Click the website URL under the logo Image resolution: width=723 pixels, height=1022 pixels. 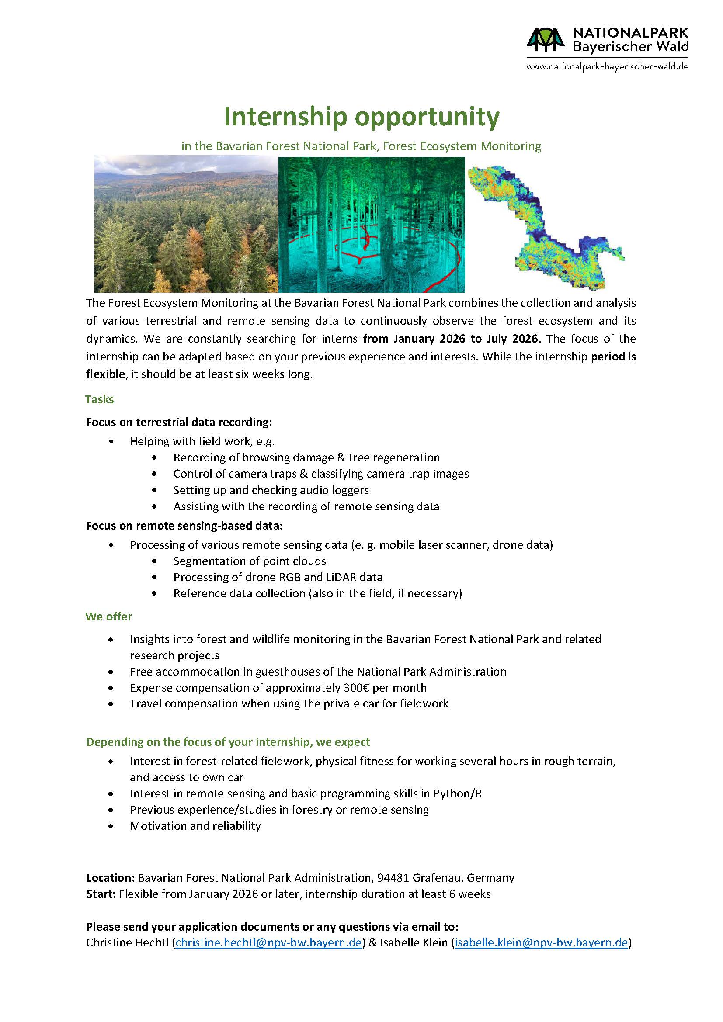point(607,67)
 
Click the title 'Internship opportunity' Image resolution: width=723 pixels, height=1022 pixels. point(361,117)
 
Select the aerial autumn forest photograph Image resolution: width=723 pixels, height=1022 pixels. point(186,224)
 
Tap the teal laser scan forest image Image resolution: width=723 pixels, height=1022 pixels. point(371,224)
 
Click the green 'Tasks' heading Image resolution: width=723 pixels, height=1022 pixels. point(99,399)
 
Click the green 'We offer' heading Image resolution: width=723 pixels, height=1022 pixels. point(109,617)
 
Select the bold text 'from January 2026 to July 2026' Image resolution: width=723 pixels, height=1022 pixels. point(451,339)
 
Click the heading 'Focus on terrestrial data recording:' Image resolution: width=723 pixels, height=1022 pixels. point(178,422)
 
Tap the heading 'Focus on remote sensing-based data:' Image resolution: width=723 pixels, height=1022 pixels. point(184,526)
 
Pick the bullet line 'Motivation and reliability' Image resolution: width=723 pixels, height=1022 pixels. point(195,826)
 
